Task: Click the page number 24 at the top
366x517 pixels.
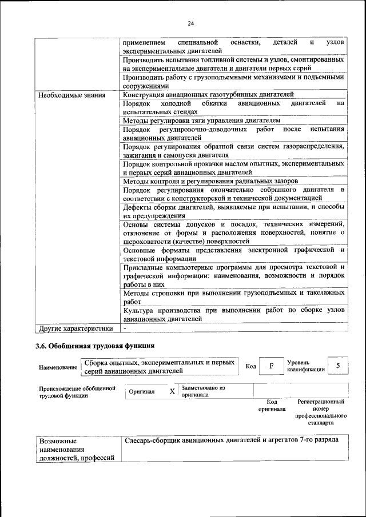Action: click(x=190, y=23)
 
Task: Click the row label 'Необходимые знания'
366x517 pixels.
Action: click(x=71, y=95)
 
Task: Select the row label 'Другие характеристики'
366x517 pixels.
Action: click(x=75, y=328)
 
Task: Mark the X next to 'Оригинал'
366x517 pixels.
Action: click(x=172, y=392)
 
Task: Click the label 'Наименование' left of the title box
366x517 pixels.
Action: click(x=57, y=368)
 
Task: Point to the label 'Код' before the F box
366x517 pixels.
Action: click(x=250, y=366)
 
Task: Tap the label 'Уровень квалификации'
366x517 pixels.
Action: click(x=306, y=366)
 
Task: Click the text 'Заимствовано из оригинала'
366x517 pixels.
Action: click(x=203, y=391)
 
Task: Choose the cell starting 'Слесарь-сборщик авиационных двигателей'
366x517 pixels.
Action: click(x=230, y=440)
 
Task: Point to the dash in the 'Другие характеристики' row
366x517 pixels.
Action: click(x=125, y=329)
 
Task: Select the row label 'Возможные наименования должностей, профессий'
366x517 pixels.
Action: click(x=75, y=450)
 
